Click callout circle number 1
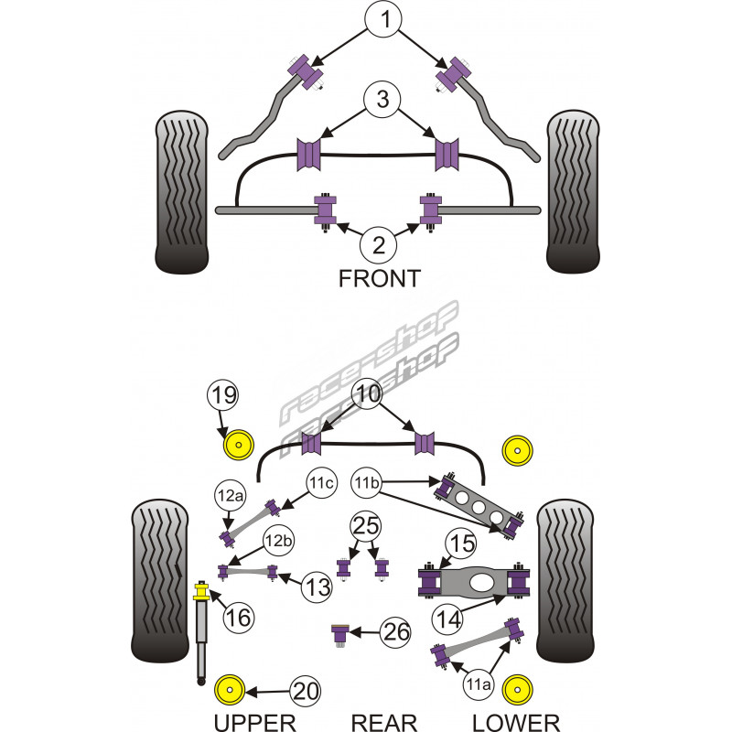click(384, 19)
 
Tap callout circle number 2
click(380, 244)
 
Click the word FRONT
click(379, 279)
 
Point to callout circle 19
click(224, 397)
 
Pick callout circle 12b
click(278, 542)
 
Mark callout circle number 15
click(462, 544)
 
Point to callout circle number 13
click(318, 585)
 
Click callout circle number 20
click(307, 692)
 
